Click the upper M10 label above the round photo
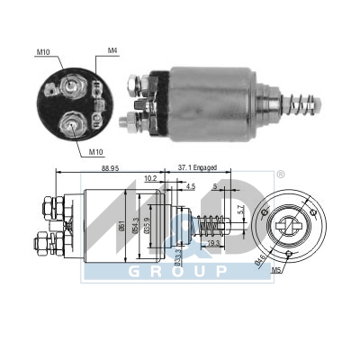coord(44,52)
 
